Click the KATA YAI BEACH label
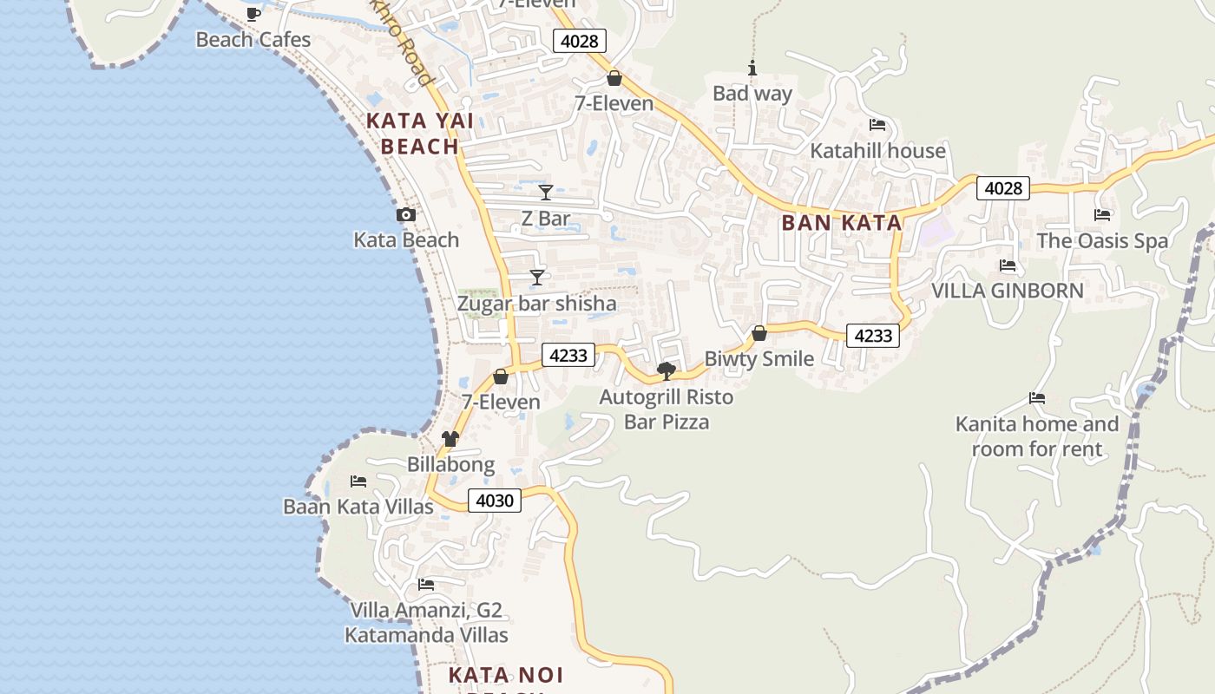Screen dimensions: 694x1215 pos(420,134)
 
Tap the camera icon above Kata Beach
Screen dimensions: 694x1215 pos(405,214)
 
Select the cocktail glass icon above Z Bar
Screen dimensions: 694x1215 pos(545,192)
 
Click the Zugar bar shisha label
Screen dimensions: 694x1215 pos(536,304)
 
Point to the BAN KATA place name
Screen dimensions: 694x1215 pos(841,223)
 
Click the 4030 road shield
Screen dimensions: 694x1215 pos(495,501)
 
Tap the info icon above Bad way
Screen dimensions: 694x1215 pos(752,69)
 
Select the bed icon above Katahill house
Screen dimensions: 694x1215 pos(877,125)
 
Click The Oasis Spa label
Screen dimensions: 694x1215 pos(1102,241)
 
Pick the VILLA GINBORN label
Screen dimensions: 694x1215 pos(1007,291)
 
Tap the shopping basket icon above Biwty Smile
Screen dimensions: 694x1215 pos(759,333)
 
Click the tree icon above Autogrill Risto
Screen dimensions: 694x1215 pos(667,371)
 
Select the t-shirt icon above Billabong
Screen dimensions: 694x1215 pos(450,439)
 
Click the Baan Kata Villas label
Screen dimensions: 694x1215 pos(358,507)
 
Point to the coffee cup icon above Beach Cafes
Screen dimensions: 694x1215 pos(253,14)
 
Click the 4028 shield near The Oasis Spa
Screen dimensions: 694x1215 pos(1003,187)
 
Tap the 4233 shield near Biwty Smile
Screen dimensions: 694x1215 pos(872,336)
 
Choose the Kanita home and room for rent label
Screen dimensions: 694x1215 pos(1036,436)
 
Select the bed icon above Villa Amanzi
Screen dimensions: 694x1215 pos(425,585)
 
